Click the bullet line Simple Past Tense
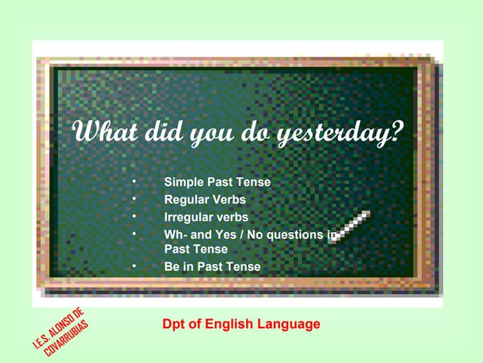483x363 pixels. click(x=217, y=182)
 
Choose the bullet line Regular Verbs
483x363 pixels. click(x=205, y=200)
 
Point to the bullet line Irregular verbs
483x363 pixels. click(x=206, y=217)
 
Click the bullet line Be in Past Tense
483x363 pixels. click(x=212, y=266)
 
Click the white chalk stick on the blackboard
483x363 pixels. click(x=351, y=226)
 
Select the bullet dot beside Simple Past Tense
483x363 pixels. click(x=133, y=182)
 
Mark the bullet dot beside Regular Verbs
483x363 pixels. click(x=133, y=200)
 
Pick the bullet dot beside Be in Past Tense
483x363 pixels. click(x=133, y=266)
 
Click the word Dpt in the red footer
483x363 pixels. click(x=174, y=324)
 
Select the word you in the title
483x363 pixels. click(x=211, y=134)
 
